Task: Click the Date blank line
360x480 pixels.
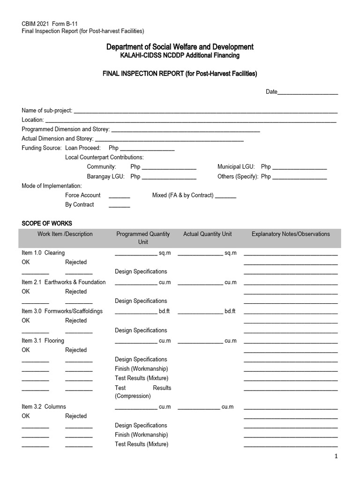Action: pos(308,93)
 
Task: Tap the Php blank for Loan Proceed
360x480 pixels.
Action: pos(147,149)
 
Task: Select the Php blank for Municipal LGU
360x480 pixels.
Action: pos(300,168)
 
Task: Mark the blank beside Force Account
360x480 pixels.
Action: pos(120,196)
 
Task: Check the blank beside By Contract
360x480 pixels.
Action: pos(120,206)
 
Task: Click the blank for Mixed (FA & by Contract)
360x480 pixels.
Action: pos(226,196)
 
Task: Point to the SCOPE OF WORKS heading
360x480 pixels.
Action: pos(47,224)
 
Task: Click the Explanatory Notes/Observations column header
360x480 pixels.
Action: pos(291,234)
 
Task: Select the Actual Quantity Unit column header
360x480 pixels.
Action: pos(207,234)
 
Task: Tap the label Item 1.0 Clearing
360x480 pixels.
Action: pos(43,253)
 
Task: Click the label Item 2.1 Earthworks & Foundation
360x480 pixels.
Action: pos(64,282)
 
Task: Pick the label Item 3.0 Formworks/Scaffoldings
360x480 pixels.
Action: pos(62,311)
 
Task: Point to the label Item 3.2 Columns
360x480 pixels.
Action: pos(44,406)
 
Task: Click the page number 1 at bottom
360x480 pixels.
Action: pos(336,457)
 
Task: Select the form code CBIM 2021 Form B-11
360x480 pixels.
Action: pos(48,24)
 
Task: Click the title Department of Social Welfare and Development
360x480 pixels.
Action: pos(180,47)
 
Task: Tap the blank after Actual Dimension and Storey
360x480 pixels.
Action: pos(169,140)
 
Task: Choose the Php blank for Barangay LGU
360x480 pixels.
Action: pos(169,177)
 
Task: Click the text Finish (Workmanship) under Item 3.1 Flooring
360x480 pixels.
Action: pos(141,369)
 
